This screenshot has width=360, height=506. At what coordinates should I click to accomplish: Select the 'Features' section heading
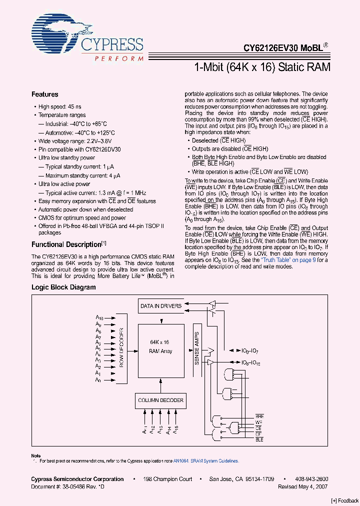[x=45, y=94]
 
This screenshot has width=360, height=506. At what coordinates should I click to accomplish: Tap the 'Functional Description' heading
[x=66, y=244]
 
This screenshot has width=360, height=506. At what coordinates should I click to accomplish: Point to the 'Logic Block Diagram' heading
[x=63, y=287]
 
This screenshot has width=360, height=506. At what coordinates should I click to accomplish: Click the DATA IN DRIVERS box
[x=160, y=306]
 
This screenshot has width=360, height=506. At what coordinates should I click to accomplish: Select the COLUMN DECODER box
[x=160, y=400]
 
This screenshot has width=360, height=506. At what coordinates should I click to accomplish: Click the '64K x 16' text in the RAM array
[x=159, y=342]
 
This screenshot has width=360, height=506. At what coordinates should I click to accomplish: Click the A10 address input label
[x=99, y=318]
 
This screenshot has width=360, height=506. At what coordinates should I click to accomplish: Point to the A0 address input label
[x=98, y=380]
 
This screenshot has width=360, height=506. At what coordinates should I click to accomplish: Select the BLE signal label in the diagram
[x=259, y=439]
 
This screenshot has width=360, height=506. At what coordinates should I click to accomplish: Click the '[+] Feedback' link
[x=344, y=500]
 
